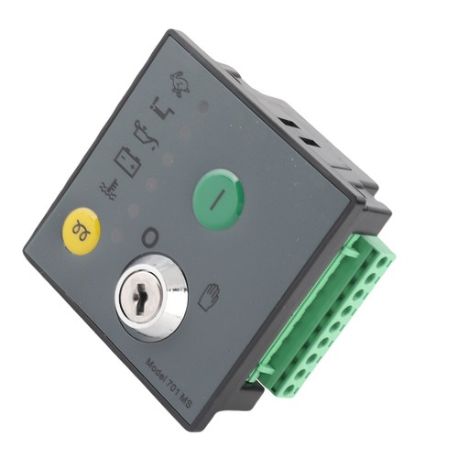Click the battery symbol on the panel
point(127,161)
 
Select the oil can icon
point(146,136)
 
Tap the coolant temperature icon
point(108,189)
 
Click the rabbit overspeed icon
point(180,83)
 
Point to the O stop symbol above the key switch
point(150,237)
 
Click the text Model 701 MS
point(169,384)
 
